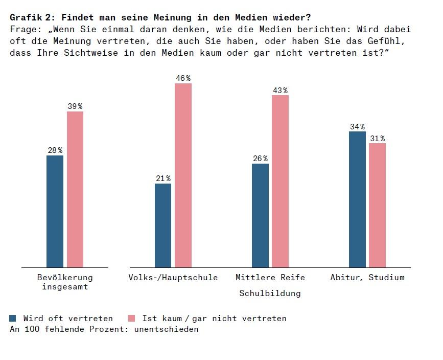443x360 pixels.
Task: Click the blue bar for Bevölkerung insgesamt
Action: (55, 211)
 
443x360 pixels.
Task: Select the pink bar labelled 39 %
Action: (75, 189)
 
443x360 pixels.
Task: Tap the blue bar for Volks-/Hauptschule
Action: (163, 226)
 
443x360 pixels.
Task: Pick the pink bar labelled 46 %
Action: (183, 175)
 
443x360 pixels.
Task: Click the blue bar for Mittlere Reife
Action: (260, 215)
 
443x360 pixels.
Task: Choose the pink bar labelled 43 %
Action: (280, 181)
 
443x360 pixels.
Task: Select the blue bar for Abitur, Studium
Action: (357, 199)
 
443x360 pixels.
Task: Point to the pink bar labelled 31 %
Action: (377, 205)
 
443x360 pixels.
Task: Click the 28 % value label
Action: (55, 150)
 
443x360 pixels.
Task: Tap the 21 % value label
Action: (163, 178)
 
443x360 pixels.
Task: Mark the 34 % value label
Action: (357, 127)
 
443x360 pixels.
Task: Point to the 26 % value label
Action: (260, 159)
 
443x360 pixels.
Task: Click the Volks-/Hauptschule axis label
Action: (173, 278)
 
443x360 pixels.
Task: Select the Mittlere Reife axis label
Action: (270, 278)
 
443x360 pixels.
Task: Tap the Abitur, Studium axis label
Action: (367, 278)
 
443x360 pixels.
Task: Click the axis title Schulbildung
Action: (270, 294)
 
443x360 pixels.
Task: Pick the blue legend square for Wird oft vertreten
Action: (13, 319)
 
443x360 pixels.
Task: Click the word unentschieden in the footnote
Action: (166, 329)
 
